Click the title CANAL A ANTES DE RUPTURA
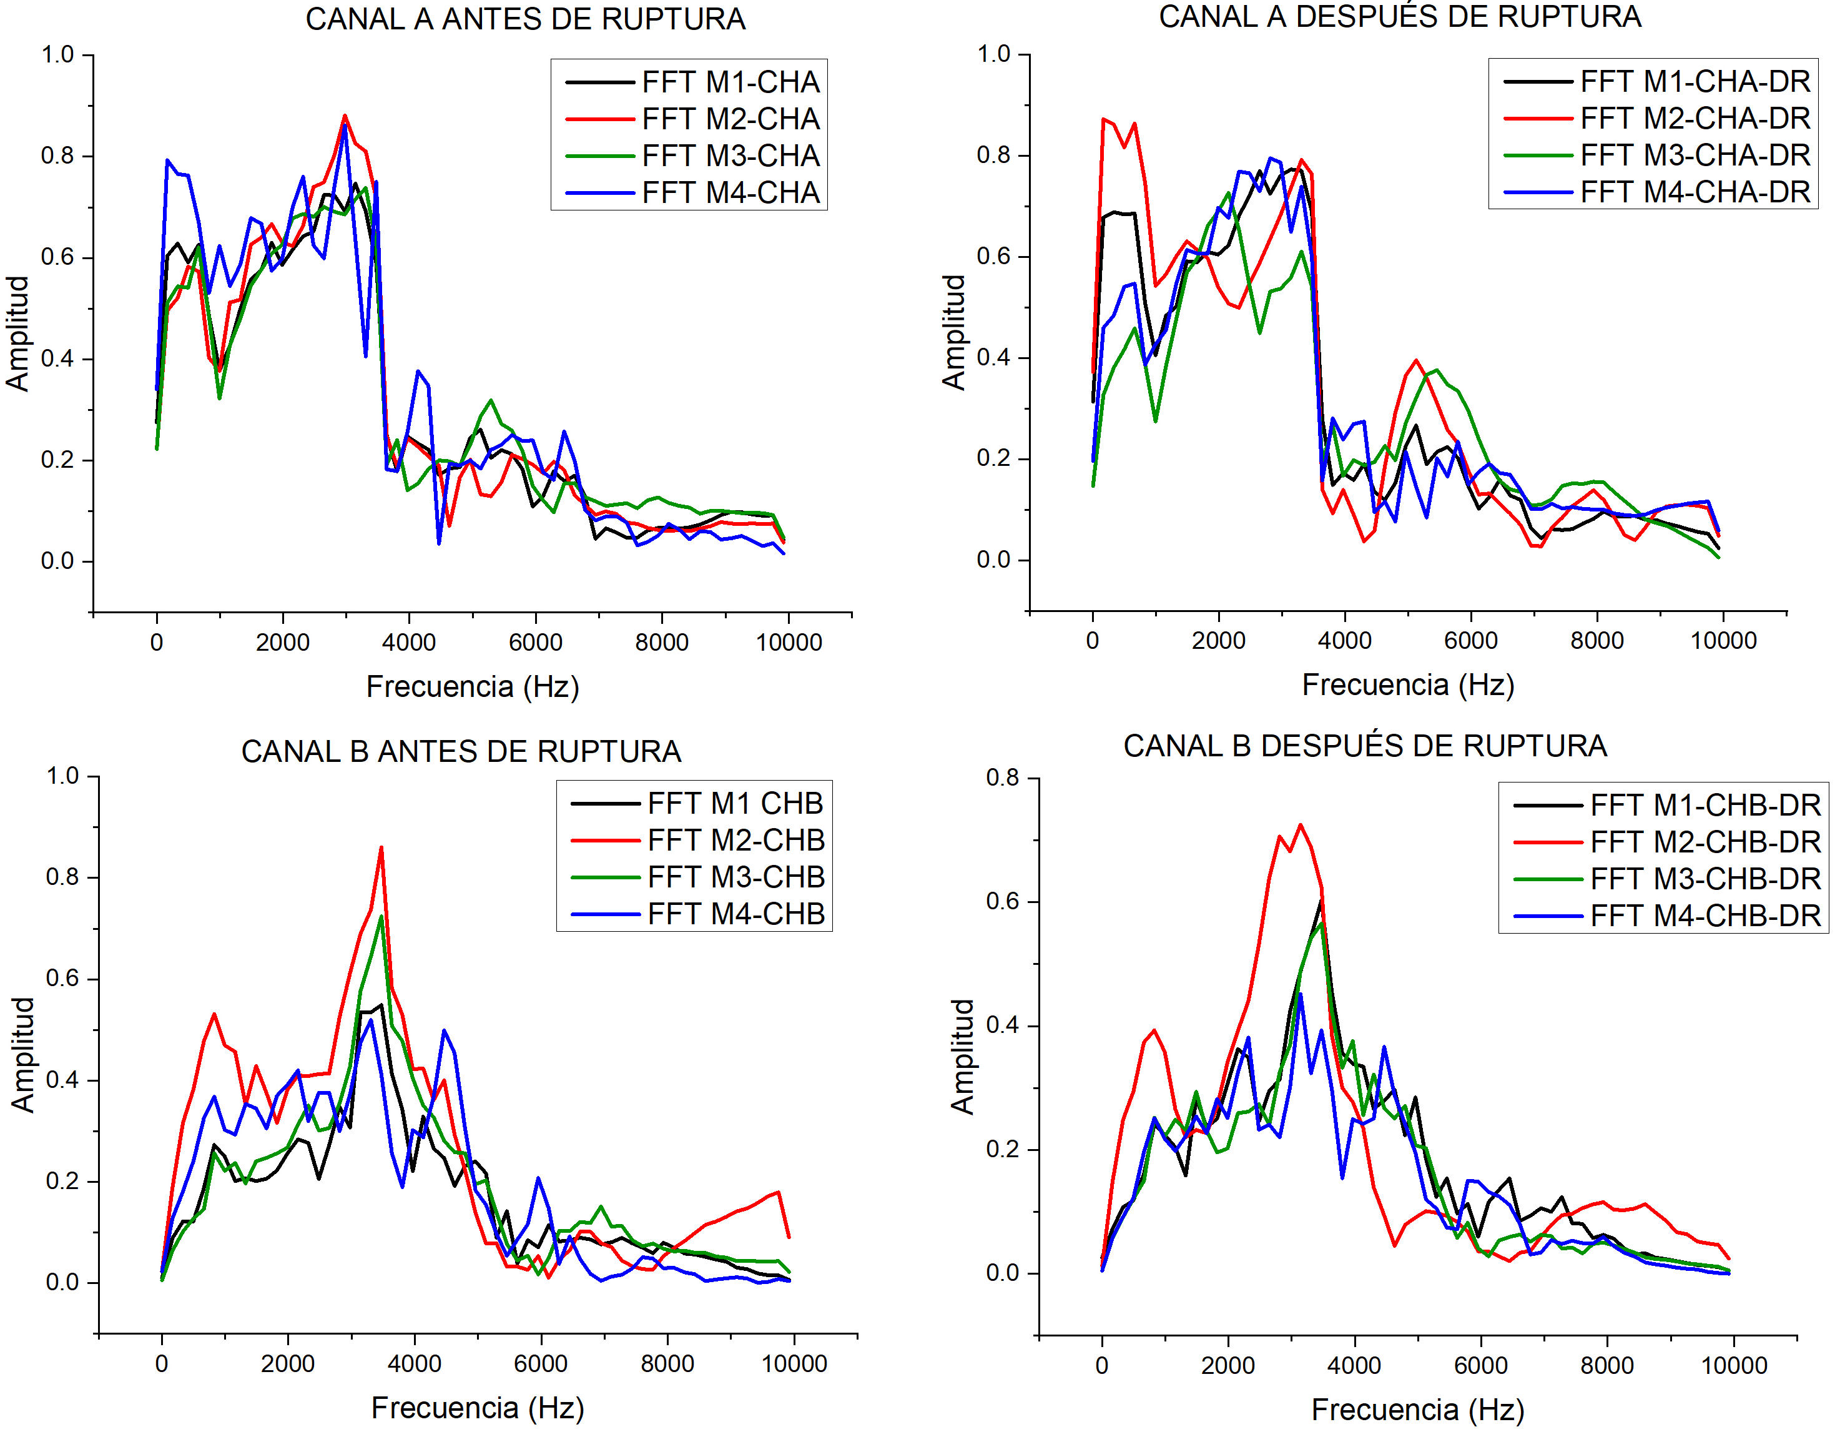coord(525,19)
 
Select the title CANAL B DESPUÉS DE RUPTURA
coord(1365,746)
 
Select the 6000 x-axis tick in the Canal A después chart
coord(1471,641)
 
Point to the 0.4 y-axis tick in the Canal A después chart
coord(993,357)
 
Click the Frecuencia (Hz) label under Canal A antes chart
coord(473,687)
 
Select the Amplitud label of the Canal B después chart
coord(962,1057)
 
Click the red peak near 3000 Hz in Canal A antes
coord(345,116)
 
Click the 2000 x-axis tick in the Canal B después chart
coord(1228,1365)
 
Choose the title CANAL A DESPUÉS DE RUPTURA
coord(1399,17)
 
